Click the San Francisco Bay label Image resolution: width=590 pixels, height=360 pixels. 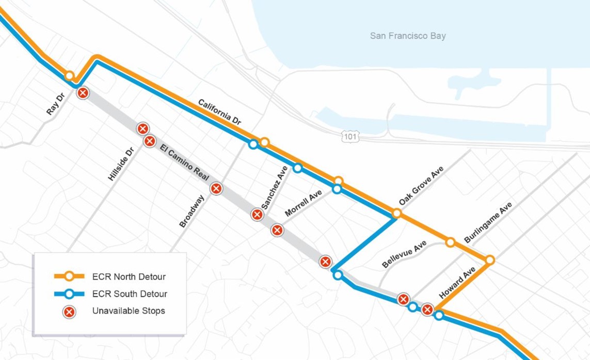click(x=408, y=36)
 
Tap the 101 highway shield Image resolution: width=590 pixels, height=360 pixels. click(x=350, y=137)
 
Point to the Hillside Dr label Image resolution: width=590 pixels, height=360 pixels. click(x=121, y=163)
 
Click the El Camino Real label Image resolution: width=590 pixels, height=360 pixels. click(x=184, y=163)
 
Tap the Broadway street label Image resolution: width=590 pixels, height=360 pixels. click(x=192, y=211)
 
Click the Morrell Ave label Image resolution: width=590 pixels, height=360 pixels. click(x=303, y=203)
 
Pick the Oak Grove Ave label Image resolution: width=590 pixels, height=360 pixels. click(x=421, y=186)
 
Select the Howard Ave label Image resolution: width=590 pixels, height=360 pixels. click(x=457, y=283)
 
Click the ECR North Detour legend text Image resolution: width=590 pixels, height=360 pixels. click(x=129, y=277)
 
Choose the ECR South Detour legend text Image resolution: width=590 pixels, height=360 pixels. click(x=130, y=294)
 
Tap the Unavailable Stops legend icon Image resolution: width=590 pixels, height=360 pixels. click(x=69, y=312)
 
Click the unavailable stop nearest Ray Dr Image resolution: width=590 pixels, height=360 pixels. click(x=83, y=93)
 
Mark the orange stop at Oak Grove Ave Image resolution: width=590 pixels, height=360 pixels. click(x=396, y=213)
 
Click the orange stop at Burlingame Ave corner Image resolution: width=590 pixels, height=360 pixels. click(x=489, y=260)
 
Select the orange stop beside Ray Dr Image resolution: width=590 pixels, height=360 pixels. click(x=69, y=76)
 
